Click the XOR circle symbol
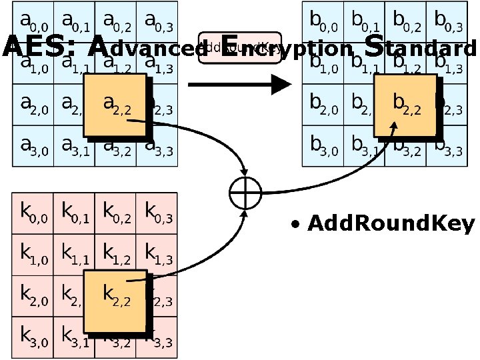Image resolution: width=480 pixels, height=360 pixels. tap(244, 194)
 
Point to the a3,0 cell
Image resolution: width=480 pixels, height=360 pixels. tap(33, 147)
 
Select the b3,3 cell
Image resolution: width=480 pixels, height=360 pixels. tap(448, 147)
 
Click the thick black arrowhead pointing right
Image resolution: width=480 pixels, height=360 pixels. tap(280, 85)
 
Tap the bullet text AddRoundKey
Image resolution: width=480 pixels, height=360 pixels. tap(391, 224)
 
